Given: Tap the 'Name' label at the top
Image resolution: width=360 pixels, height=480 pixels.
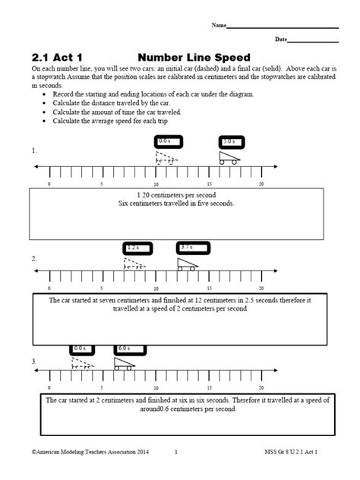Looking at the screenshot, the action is tap(219, 25).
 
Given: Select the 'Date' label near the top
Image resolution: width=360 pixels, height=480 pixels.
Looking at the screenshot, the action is tap(281, 39).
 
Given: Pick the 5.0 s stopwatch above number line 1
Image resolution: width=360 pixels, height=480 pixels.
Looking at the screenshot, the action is tap(229, 141).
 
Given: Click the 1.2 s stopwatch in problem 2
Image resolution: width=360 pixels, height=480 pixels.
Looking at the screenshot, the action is tap(134, 247).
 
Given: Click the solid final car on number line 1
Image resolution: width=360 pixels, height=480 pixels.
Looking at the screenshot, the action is tap(228, 158).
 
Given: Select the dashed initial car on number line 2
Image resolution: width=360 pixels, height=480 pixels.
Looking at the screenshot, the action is tap(134, 264).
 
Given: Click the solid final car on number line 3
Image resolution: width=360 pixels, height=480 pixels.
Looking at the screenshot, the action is tap(124, 364).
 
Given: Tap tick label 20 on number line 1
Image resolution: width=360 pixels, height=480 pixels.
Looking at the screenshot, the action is tap(261, 184).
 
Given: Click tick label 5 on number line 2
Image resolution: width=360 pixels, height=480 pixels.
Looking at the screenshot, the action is tap(102, 289).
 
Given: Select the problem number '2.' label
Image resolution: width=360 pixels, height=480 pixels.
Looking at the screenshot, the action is tap(35, 258).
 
